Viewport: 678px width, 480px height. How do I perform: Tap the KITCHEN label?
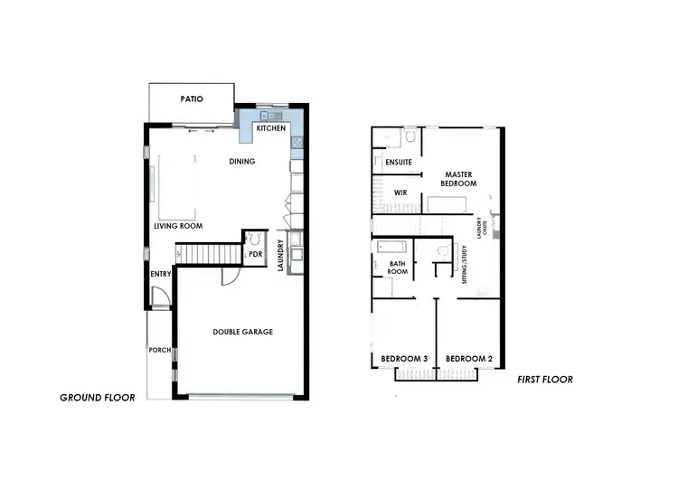[x=270, y=129]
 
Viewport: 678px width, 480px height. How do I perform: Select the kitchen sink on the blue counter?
[x=270, y=117]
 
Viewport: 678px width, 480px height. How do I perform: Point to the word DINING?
[x=241, y=162]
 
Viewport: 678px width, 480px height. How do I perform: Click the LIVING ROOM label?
[x=177, y=226]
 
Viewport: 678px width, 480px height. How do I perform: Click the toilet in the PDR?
[x=255, y=240]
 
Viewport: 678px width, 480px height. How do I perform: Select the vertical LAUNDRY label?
[x=281, y=256]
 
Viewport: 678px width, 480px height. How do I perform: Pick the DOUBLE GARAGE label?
[x=243, y=332]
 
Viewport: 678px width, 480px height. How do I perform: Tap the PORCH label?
[x=159, y=350]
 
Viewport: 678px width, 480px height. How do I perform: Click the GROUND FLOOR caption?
[x=97, y=398]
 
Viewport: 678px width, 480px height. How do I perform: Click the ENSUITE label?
[x=399, y=163]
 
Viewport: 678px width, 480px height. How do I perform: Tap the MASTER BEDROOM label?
[x=457, y=179]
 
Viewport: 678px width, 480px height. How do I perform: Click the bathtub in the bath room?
[x=393, y=246]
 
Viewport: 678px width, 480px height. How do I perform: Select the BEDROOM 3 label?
[x=403, y=359]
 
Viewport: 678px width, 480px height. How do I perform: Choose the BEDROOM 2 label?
[x=469, y=359]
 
